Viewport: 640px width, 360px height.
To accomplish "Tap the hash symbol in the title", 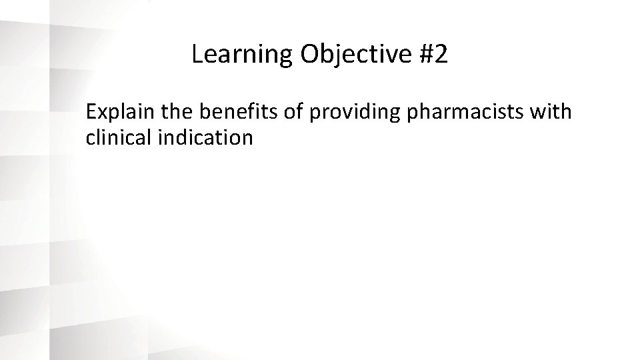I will [427, 55].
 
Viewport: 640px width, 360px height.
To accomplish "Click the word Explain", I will [118, 112].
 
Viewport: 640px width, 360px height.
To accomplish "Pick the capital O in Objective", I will [309, 55].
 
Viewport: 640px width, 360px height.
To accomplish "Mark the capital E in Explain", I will [91, 111].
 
